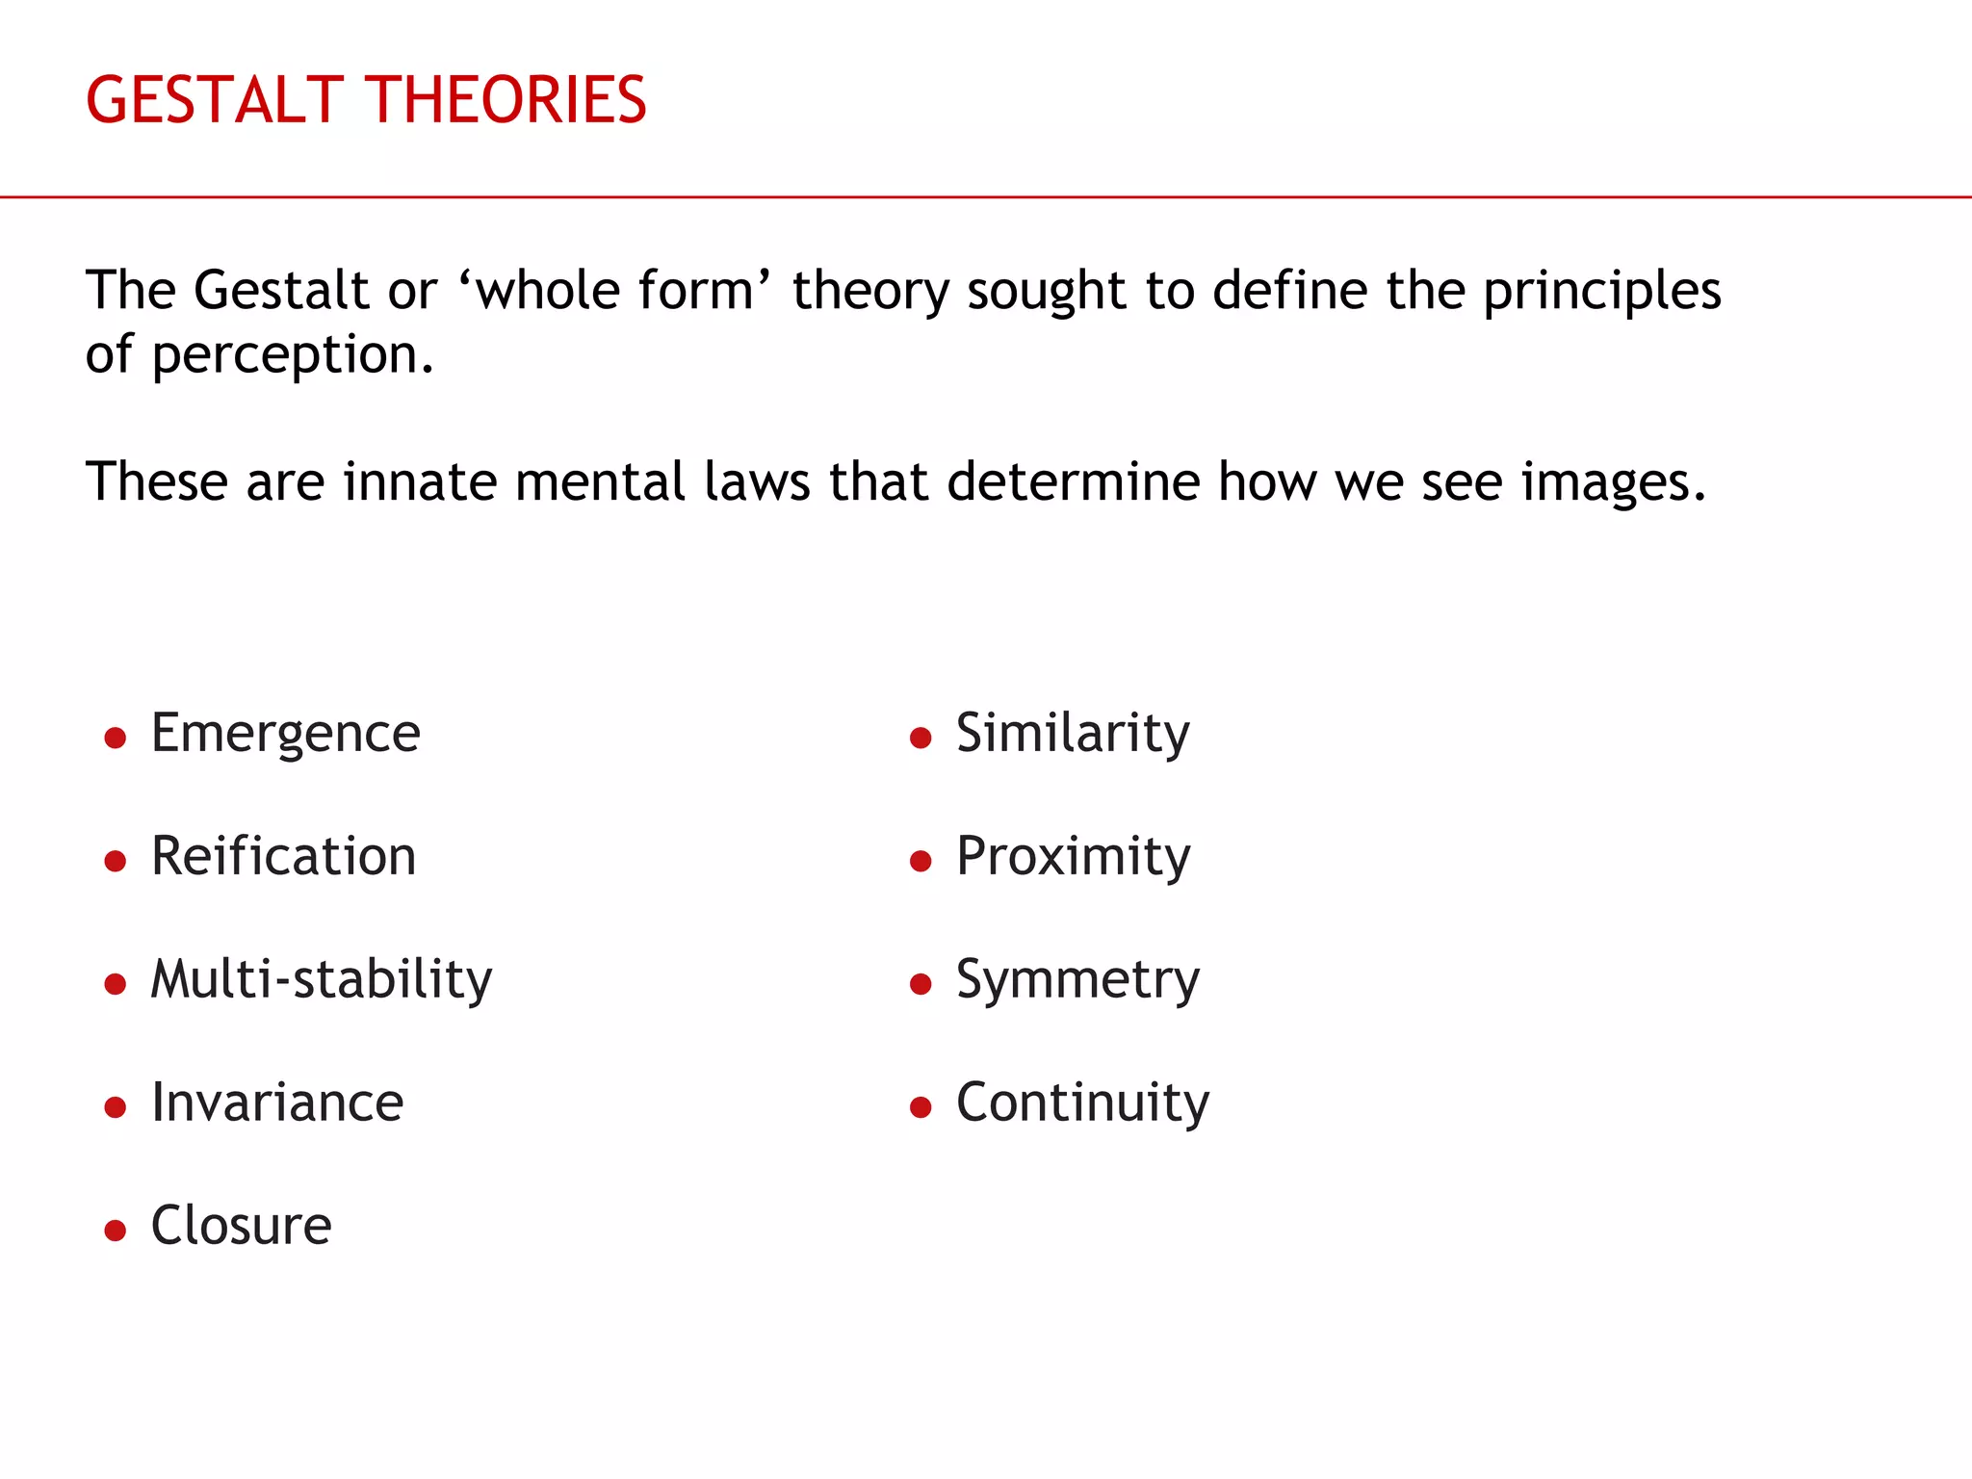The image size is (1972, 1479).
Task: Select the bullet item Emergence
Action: (286, 734)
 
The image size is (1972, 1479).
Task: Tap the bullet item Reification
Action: (284, 856)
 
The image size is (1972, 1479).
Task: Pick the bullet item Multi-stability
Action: (322, 979)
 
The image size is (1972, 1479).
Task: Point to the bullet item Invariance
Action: (277, 1103)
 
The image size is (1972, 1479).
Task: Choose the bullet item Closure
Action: (242, 1226)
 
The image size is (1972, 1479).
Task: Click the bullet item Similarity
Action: (1073, 734)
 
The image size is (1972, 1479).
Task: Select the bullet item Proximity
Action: (1073, 856)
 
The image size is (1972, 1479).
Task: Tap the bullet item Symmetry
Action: (1077, 980)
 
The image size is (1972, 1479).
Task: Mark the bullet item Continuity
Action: (1082, 1103)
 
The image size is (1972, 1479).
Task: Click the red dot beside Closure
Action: (116, 1231)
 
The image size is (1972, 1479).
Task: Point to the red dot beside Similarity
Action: (921, 739)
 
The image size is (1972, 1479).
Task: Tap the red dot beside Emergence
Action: (116, 739)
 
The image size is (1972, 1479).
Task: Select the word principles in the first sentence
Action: (1601, 291)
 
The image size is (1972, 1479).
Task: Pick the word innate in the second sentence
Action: (420, 481)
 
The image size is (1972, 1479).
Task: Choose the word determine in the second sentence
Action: (1073, 481)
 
